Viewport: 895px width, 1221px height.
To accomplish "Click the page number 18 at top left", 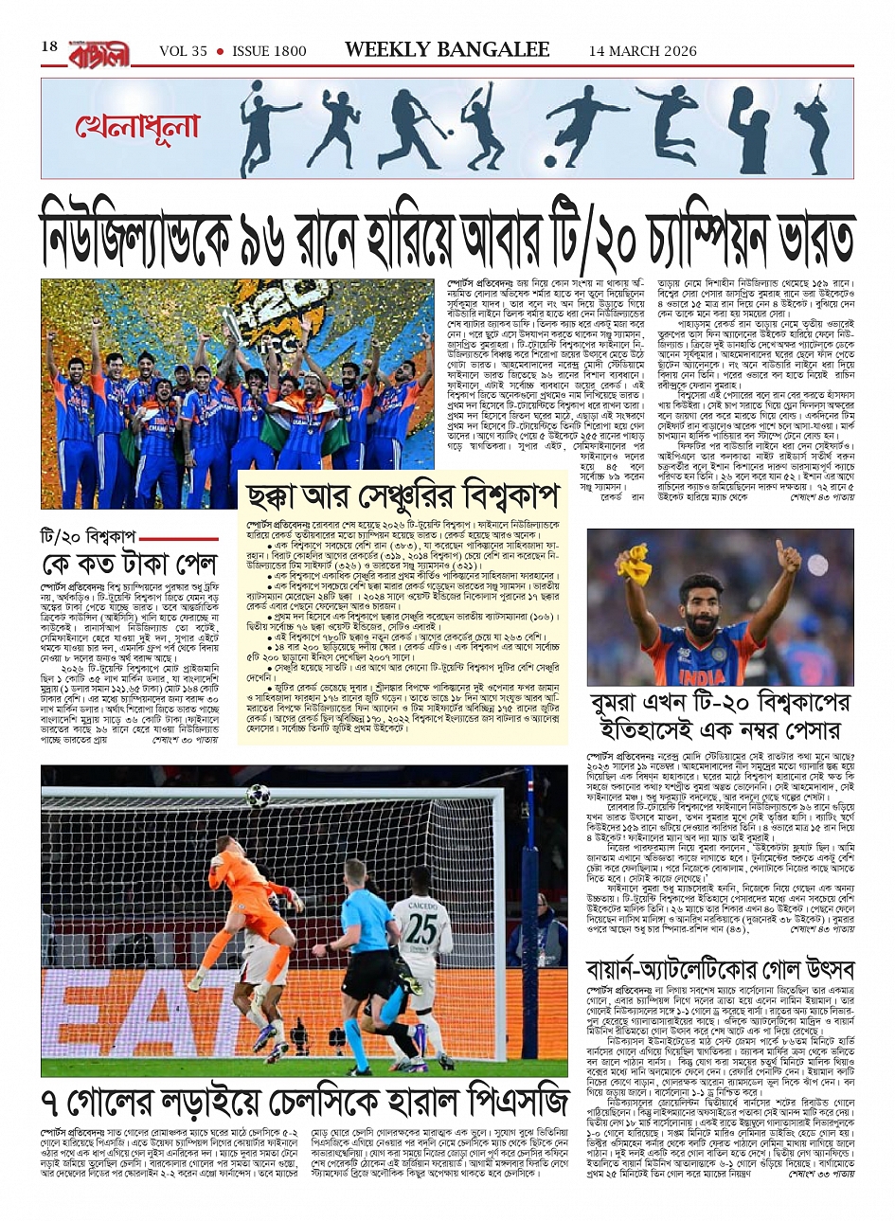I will pos(49,47).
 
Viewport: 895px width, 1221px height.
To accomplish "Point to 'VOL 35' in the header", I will pos(183,51).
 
